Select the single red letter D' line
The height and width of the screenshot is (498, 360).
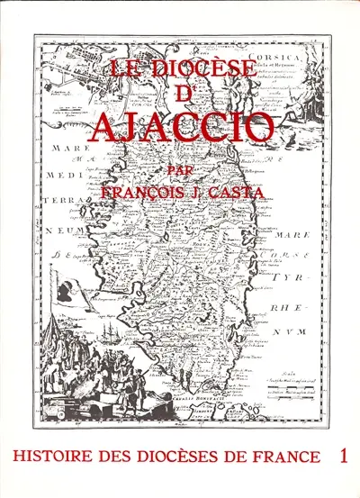click(184, 93)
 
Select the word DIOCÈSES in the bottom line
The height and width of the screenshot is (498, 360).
click(180, 457)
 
